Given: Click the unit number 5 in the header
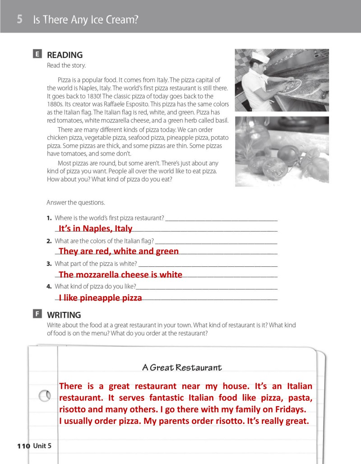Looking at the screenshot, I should click(x=20, y=19).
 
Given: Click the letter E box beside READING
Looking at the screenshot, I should click(x=37, y=55).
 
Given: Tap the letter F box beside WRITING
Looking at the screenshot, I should click(x=37, y=314).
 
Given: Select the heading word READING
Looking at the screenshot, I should click(x=65, y=55).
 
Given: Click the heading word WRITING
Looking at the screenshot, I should click(x=64, y=315).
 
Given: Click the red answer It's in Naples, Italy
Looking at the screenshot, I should click(x=95, y=228).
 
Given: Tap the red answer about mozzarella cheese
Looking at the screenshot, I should click(x=120, y=274).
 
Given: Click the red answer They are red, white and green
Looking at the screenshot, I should click(x=119, y=251).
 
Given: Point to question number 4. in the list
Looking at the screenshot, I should click(x=49, y=286).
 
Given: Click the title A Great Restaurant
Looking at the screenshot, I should click(x=182, y=367).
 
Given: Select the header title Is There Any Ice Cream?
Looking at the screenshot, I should click(x=85, y=20).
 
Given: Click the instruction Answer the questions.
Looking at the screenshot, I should click(x=76, y=203).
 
